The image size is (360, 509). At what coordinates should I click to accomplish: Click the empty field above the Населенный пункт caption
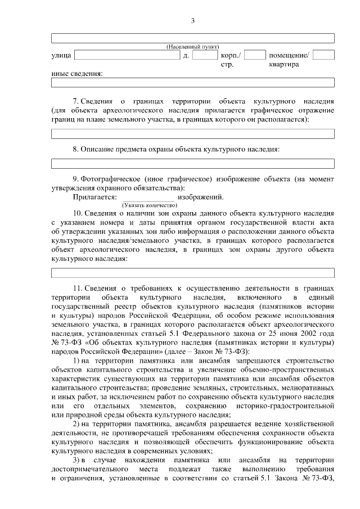click(193, 38)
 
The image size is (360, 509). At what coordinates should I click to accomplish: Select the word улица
click(61, 56)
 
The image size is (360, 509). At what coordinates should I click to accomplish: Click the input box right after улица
click(127, 56)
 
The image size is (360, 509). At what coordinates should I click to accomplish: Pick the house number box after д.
click(205, 56)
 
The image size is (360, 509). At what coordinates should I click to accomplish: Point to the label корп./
click(231, 56)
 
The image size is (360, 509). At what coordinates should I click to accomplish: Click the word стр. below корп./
click(227, 65)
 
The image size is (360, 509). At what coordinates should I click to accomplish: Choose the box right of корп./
click(255, 56)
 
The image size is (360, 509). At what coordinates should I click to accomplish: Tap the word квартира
click(283, 65)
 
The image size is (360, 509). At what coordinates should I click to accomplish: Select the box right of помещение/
click(323, 56)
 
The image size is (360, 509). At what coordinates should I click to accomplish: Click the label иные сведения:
click(77, 74)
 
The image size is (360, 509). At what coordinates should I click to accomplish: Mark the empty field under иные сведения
click(193, 83)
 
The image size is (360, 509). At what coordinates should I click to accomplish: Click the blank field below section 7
click(193, 134)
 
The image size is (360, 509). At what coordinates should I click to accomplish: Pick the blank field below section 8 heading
click(193, 164)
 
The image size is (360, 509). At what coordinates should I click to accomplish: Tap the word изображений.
click(201, 197)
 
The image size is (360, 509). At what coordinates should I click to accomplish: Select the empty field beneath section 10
click(193, 273)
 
